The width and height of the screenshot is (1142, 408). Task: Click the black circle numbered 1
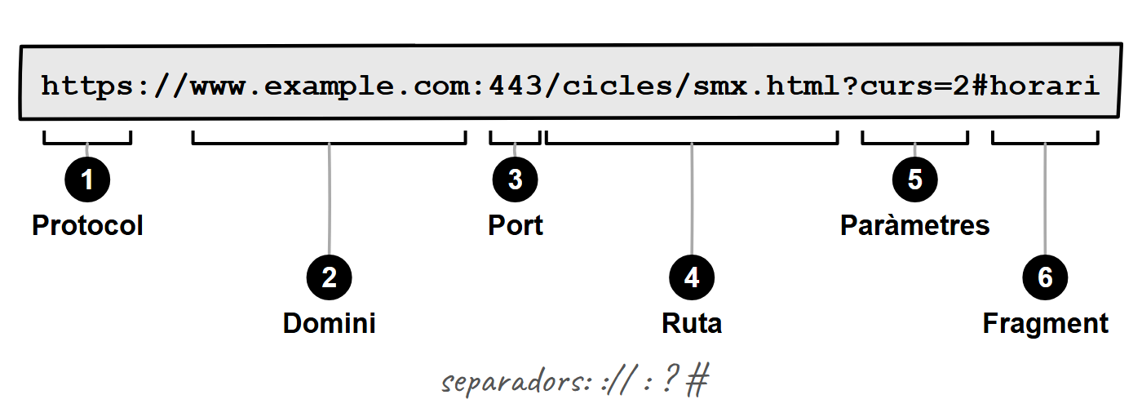click(87, 180)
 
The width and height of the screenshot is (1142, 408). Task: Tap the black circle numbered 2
click(330, 277)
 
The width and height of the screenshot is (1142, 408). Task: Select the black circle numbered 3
click(515, 180)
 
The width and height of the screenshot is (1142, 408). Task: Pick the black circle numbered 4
click(692, 277)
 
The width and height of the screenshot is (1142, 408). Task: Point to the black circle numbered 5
click(915, 180)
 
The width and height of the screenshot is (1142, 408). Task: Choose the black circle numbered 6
click(1045, 277)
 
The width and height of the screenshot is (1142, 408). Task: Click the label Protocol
click(87, 225)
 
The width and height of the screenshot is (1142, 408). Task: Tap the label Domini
click(330, 323)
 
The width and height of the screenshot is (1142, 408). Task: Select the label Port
click(516, 225)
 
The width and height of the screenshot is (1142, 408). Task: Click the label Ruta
click(692, 323)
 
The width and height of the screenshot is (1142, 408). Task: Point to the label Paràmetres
click(915, 225)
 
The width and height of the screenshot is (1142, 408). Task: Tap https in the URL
click(86, 86)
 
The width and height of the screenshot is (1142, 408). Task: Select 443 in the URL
click(516, 86)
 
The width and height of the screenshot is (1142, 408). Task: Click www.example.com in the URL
click(329, 86)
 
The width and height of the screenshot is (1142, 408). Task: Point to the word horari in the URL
click(1045, 85)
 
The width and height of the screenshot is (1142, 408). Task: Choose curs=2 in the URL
click(914, 86)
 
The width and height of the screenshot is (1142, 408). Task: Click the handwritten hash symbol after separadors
click(697, 380)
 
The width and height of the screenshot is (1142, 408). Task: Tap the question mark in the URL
click(849, 85)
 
